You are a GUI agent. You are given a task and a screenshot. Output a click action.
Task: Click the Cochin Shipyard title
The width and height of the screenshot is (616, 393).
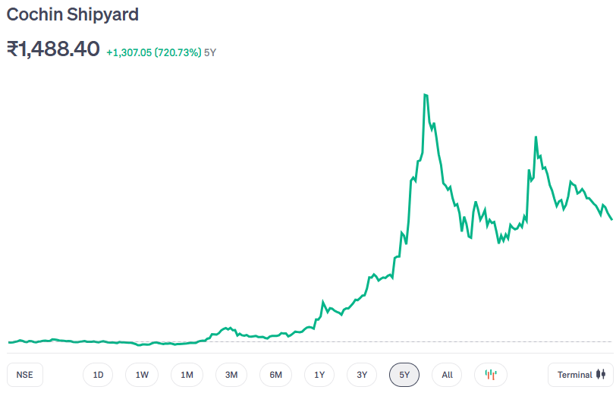(72, 14)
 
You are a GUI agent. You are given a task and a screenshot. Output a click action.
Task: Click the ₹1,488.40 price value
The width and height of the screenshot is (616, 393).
(53, 49)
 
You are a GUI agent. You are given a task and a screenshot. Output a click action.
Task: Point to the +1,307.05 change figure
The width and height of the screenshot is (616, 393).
(129, 52)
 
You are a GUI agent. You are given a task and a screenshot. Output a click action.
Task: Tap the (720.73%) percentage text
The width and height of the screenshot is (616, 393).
(178, 52)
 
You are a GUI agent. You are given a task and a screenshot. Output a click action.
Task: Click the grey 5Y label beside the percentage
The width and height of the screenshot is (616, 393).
(211, 52)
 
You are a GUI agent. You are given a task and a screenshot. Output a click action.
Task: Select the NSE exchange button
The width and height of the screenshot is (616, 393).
(25, 375)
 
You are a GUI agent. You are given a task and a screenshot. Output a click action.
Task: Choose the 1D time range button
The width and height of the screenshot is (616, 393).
(98, 375)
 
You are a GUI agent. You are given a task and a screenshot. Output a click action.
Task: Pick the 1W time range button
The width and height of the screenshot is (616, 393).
(142, 375)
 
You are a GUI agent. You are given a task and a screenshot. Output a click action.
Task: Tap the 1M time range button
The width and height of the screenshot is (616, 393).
(187, 375)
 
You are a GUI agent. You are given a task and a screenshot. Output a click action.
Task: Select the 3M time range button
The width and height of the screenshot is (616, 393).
(231, 375)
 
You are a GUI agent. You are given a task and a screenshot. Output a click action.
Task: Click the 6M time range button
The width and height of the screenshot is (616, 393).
(275, 375)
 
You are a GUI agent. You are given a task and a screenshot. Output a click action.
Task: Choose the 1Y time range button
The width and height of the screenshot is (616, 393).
(319, 375)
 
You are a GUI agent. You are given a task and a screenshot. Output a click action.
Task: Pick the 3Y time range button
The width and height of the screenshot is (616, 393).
(362, 375)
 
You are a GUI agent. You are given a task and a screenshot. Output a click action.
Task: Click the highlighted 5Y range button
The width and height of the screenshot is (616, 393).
(404, 375)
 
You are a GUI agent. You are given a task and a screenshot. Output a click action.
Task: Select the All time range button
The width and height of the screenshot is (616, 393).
(447, 375)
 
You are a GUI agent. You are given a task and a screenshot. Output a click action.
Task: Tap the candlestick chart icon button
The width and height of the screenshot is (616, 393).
(491, 375)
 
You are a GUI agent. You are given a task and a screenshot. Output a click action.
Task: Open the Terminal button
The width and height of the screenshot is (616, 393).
(580, 375)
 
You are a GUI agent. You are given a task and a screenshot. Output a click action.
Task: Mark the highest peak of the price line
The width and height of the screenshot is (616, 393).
(426, 95)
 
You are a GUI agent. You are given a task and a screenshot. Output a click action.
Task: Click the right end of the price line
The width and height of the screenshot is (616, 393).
(611, 219)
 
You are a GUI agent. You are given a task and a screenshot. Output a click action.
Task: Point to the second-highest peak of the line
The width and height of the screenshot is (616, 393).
(536, 137)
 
